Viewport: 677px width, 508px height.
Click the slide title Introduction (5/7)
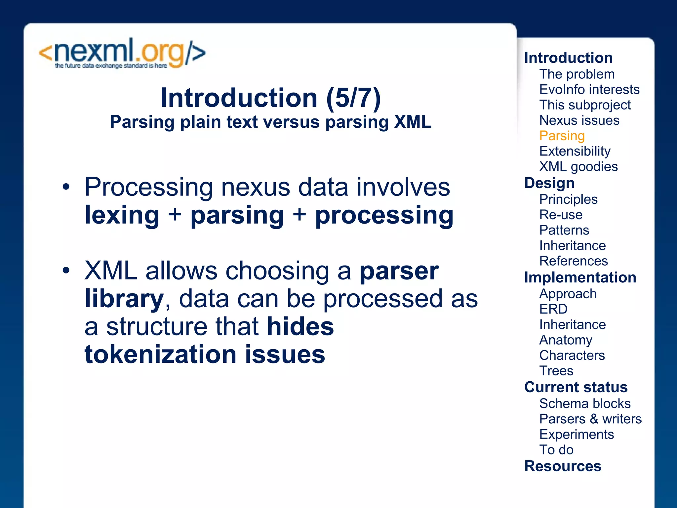[270, 98]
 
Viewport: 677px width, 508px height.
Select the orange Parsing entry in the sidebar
[562, 136]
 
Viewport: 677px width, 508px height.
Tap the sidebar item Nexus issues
[579, 120]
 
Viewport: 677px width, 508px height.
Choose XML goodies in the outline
[578, 167]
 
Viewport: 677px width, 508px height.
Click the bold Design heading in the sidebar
[549, 183]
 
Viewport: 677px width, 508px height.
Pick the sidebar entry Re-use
[561, 215]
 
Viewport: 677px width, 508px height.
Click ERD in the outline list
[553, 309]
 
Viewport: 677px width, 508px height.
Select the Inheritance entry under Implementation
[572, 325]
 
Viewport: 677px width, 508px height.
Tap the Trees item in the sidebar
[556, 371]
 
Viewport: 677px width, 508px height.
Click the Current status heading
[576, 387]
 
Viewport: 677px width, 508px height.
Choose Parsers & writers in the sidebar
[590, 419]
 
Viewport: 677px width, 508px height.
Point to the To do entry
[556, 450]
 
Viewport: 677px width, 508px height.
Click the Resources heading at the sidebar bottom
[563, 466]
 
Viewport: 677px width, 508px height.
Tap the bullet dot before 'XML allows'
[66, 271]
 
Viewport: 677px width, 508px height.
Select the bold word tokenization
[160, 355]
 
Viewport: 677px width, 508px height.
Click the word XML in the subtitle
[413, 122]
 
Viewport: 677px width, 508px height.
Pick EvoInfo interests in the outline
[589, 90]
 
